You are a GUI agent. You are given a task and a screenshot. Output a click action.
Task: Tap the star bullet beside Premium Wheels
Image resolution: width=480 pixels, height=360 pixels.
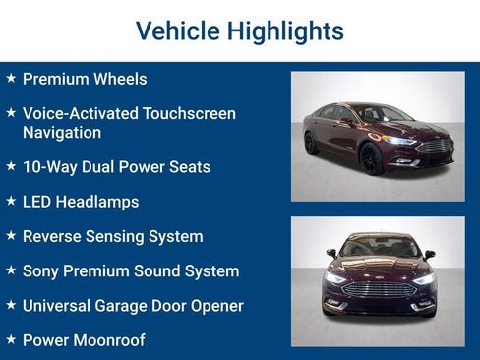tap(10, 78)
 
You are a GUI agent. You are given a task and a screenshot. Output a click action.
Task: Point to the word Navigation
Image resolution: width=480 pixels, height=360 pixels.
tap(62, 132)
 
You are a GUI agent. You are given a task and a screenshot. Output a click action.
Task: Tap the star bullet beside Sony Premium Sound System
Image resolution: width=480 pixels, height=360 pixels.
tap(10, 270)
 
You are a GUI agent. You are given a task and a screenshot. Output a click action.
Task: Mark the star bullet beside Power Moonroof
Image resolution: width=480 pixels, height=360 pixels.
tap(10, 339)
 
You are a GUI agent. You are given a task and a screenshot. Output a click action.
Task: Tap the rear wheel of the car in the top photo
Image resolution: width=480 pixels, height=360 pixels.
tap(311, 143)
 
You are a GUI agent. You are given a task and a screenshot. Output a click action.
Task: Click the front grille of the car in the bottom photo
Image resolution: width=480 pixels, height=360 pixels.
tap(379, 290)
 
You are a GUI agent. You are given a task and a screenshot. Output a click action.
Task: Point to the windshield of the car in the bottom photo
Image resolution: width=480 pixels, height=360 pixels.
tap(379, 248)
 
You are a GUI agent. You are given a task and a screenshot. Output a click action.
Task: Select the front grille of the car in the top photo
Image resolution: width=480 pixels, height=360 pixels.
tap(436, 146)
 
